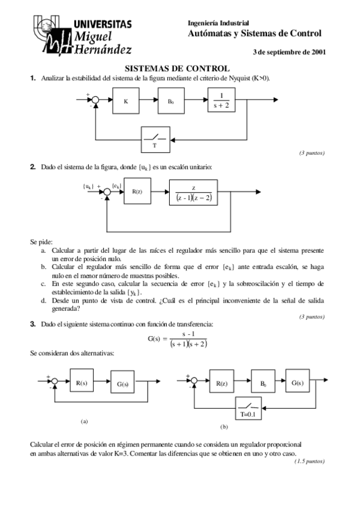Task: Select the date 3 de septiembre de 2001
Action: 290,52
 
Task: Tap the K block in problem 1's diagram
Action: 126,101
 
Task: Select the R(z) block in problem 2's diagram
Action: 137,191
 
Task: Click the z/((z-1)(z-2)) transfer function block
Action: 193,192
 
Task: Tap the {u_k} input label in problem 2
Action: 88,186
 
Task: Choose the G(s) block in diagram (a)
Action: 124,382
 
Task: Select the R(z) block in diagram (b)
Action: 221,382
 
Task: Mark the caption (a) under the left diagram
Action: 85,421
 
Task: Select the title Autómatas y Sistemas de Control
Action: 255,34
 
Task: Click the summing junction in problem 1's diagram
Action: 93,101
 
